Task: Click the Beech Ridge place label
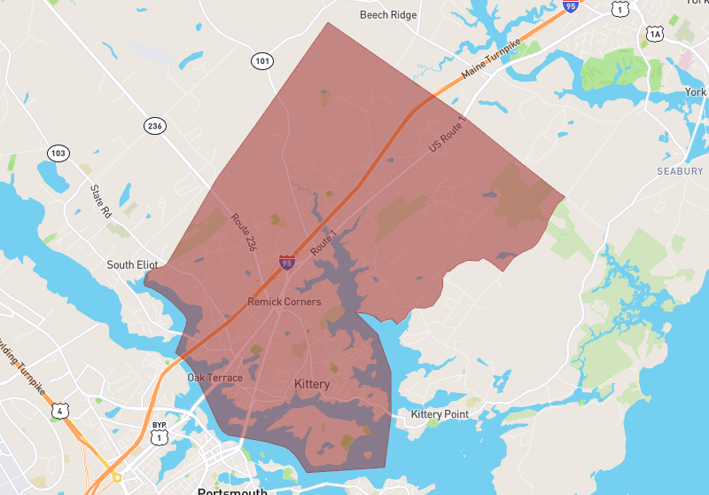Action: (x=388, y=15)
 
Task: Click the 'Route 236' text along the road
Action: (x=243, y=232)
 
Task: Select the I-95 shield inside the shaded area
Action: (x=286, y=262)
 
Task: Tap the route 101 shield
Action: (x=261, y=61)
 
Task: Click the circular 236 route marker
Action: (x=155, y=126)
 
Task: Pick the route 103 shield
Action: (x=58, y=153)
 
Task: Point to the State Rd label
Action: (x=102, y=201)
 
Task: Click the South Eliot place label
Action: (x=133, y=265)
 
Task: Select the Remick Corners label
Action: (x=284, y=302)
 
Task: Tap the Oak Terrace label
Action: (x=214, y=378)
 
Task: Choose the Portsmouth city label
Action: (x=233, y=491)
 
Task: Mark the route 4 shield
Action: (x=58, y=411)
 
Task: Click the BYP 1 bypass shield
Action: (x=160, y=432)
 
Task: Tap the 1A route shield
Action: (x=655, y=34)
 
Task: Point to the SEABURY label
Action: (x=681, y=170)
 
